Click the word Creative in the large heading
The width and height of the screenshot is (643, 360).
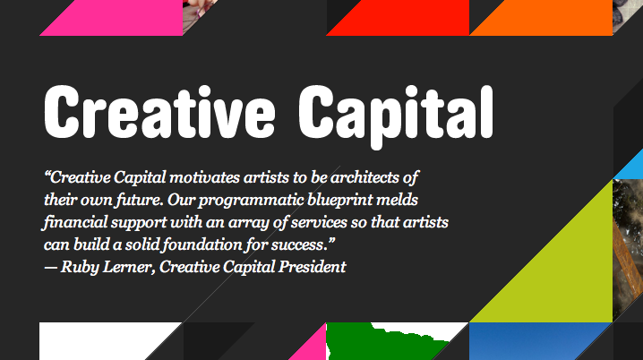[159, 112]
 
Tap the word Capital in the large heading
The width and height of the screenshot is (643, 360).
[396, 116]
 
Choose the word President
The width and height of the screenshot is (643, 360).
[312, 268]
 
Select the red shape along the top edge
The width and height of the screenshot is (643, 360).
[398, 18]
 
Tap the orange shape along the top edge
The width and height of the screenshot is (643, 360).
[541, 18]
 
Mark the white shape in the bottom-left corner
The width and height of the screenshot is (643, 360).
[99, 340]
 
